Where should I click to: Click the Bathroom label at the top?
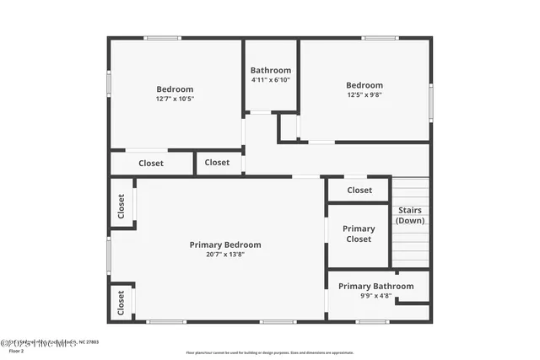point(271,70)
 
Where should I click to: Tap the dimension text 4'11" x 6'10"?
point(271,80)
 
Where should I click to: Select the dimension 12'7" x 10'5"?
point(175,99)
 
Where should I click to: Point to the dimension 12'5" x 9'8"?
point(364,94)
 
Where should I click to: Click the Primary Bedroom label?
point(225,244)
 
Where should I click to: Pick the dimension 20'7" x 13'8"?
point(225,255)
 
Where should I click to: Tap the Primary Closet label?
point(359,234)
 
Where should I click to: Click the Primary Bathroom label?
point(376,286)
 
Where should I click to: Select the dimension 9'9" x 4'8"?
point(376,296)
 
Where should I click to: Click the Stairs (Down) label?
point(410,215)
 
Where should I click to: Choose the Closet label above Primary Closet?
point(359,190)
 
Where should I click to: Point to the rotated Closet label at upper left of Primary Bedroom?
point(121,207)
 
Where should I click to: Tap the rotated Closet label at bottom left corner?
point(121,302)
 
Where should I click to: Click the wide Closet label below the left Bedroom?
point(151,163)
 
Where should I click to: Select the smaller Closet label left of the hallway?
point(217,162)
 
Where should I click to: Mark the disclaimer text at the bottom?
point(270,352)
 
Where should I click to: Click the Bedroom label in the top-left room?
point(175,89)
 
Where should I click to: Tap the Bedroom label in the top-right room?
point(364,84)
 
